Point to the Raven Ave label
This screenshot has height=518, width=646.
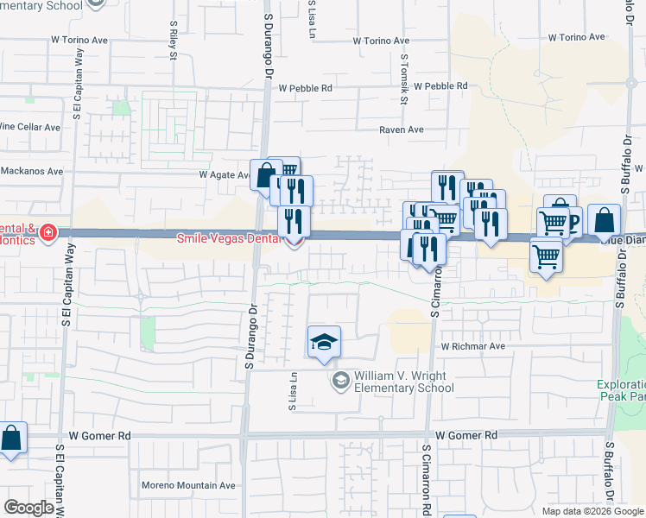[x=402, y=129]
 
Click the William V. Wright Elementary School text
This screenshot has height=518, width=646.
[x=402, y=382]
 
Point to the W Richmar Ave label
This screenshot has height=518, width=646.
[x=472, y=346]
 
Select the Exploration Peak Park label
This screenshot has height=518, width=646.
[x=620, y=391]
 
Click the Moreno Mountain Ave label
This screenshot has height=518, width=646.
[x=188, y=485]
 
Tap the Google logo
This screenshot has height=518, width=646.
[x=28, y=508]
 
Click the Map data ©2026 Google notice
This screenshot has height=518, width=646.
[x=592, y=511]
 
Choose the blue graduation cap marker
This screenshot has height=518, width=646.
[x=324, y=343]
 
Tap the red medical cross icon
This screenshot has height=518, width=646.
[x=48, y=232]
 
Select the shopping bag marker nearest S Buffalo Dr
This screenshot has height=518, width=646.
[x=605, y=222]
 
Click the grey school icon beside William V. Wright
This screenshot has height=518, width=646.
[x=340, y=381]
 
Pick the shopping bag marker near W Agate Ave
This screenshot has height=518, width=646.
[x=265, y=175]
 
